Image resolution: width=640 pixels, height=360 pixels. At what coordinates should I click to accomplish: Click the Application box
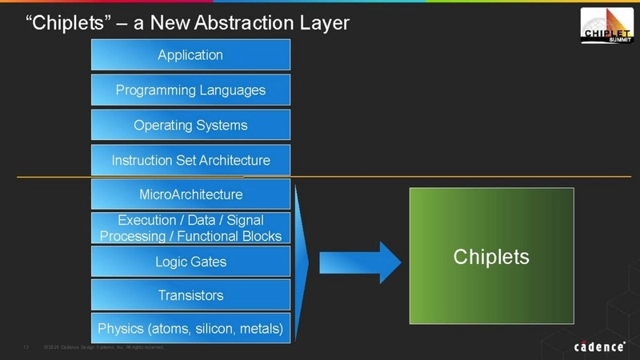(x=190, y=55)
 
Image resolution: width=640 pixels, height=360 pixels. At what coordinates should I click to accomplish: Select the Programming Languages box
(x=190, y=90)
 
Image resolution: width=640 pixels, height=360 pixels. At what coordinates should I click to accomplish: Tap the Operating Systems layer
(x=190, y=126)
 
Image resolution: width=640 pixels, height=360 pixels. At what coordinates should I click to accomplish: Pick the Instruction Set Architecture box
(x=190, y=160)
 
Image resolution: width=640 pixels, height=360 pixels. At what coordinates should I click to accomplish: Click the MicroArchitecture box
(x=190, y=194)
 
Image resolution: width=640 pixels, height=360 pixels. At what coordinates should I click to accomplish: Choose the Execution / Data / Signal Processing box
(x=190, y=228)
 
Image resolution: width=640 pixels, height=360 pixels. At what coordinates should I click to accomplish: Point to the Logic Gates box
(x=190, y=262)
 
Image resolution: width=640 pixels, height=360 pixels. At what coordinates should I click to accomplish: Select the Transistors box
(x=190, y=295)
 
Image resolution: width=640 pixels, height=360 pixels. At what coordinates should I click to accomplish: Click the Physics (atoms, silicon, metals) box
(x=190, y=329)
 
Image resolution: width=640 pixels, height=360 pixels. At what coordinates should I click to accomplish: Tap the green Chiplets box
(x=491, y=256)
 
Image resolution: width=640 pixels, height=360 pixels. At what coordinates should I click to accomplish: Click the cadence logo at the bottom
(x=599, y=346)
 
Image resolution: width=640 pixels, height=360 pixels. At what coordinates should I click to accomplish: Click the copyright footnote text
(x=104, y=347)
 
